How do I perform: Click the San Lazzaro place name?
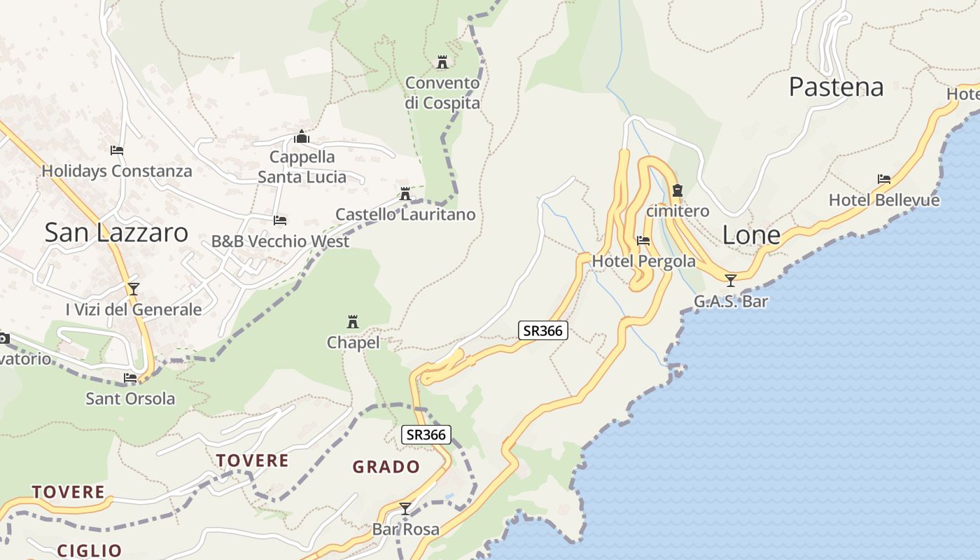[x=116, y=232]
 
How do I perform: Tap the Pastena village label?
[x=836, y=87]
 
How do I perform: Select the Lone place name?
[x=750, y=235]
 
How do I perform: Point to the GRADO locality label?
[x=386, y=467]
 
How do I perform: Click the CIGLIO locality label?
[x=90, y=550]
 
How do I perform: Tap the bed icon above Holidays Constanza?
[x=117, y=150]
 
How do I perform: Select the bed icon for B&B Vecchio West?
[x=280, y=220]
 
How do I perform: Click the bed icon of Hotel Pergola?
[x=643, y=241]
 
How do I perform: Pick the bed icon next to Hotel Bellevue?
[x=884, y=179]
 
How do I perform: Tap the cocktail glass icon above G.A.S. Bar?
[x=731, y=281]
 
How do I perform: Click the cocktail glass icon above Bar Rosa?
[x=405, y=508]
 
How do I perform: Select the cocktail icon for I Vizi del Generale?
[x=134, y=288]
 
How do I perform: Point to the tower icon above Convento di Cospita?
[x=442, y=62]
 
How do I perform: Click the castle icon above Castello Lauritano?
[x=405, y=194]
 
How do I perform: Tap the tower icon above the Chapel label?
[x=353, y=322]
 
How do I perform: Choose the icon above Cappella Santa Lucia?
[x=302, y=136]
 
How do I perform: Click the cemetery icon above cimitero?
[x=677, y=190]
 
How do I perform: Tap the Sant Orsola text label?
[x=130, y=399]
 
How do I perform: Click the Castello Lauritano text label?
[x=405, y=215]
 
